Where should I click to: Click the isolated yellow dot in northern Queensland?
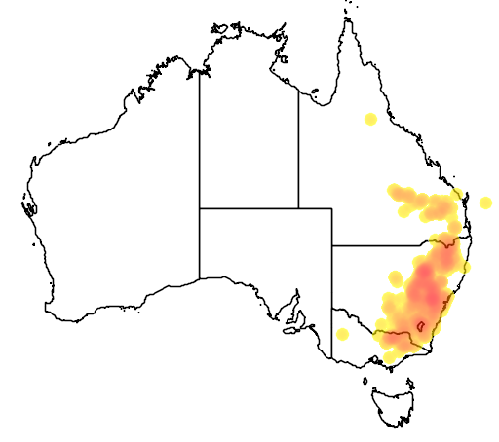click(370, 119)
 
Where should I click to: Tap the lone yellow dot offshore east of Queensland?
click(485, 203)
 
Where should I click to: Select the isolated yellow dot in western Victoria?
click(342, 334)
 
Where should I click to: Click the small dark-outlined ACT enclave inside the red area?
click(420, 328)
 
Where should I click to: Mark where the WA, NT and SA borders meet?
click(200, 208)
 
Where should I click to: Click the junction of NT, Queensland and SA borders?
click(298, 208)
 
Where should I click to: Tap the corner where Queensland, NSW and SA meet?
click(332, 246)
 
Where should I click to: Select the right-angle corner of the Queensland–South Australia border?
click(332, 208)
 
